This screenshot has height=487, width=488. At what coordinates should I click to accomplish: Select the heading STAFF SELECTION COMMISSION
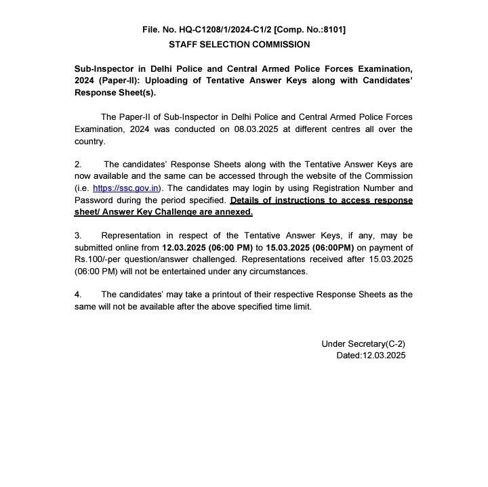tap(239, 45)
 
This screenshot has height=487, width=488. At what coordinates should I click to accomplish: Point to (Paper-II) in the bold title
tap(123, 81)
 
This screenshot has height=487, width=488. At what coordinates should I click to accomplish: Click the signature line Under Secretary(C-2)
tap(363, 343)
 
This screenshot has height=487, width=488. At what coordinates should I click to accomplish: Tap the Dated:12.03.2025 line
tap(371, 355)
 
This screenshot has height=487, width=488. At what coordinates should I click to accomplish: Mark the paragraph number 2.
tap(78, 165)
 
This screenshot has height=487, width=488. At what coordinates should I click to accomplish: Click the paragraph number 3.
tap(78, 236)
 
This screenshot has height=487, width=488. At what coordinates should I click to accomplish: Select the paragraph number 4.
tap(78, 295)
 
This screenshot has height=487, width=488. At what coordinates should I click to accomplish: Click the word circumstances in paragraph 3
tap(277, 271)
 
